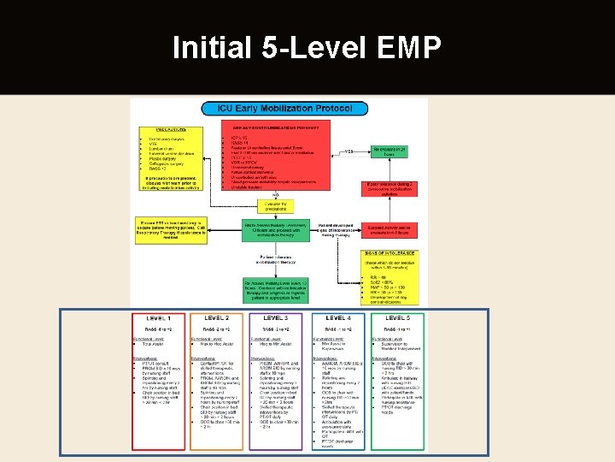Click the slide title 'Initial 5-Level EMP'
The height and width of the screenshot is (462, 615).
coord(307,48)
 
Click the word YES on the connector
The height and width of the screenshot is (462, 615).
coord(348,151)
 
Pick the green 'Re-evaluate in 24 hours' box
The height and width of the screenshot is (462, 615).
coord(395,151)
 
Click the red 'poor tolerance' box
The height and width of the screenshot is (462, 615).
coord(395,187)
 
